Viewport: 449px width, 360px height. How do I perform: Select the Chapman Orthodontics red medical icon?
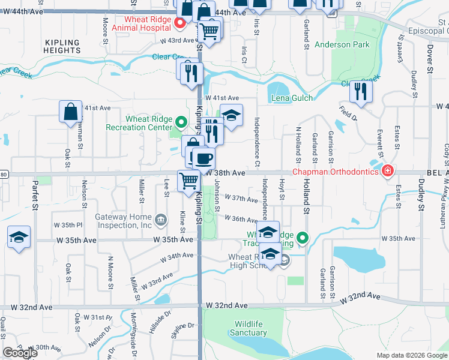[x=388, y=172]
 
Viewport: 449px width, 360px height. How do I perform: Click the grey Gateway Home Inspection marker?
[x=160, y=220]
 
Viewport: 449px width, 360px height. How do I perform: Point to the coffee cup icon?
[x=204, y=158]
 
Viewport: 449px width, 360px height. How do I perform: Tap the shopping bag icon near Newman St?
[x=70, y=112]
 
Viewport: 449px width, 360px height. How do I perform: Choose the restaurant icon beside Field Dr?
[x=361, y=92]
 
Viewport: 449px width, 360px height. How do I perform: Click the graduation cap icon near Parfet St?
[x=19, y=238]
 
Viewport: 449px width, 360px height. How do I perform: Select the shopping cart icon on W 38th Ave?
[x=189, y=180]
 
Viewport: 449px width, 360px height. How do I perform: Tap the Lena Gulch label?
[x=291, y=98]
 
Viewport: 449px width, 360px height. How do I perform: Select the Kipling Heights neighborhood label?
[x=62, y=47]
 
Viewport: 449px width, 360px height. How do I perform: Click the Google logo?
[x=20, y=353]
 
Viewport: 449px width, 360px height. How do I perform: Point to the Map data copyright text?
[x=412, y=355]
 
